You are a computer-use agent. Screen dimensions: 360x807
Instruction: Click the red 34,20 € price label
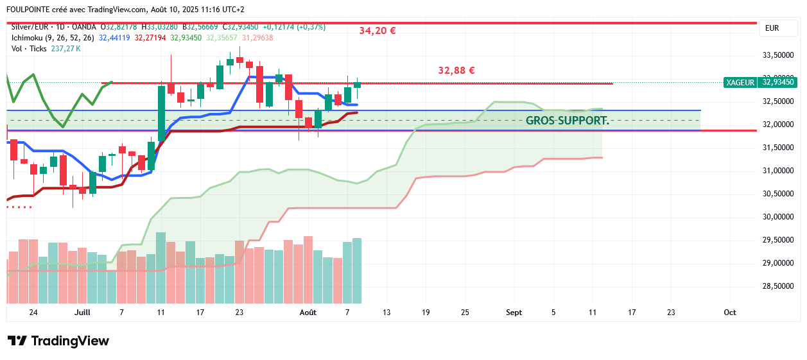click(377, 30)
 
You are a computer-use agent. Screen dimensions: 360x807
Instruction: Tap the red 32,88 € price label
click(456, 71)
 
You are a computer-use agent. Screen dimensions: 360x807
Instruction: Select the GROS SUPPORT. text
click(567, 120)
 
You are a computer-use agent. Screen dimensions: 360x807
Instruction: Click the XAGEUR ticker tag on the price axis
click(740, 82)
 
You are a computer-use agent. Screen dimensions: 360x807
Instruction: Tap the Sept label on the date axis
click(514, 313)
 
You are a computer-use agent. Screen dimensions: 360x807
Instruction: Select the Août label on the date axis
click(308, 313)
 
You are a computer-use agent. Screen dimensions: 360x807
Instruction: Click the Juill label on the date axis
click(82, 313)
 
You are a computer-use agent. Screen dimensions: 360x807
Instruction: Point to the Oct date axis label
click(730, 313)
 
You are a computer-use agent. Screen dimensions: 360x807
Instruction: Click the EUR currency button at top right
click(772, 28)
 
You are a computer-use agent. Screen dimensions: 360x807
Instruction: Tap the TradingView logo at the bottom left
click(58, 341)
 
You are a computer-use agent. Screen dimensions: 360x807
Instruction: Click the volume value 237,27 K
click(65, 48)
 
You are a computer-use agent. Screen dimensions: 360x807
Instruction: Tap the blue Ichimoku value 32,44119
click(114, 38)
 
